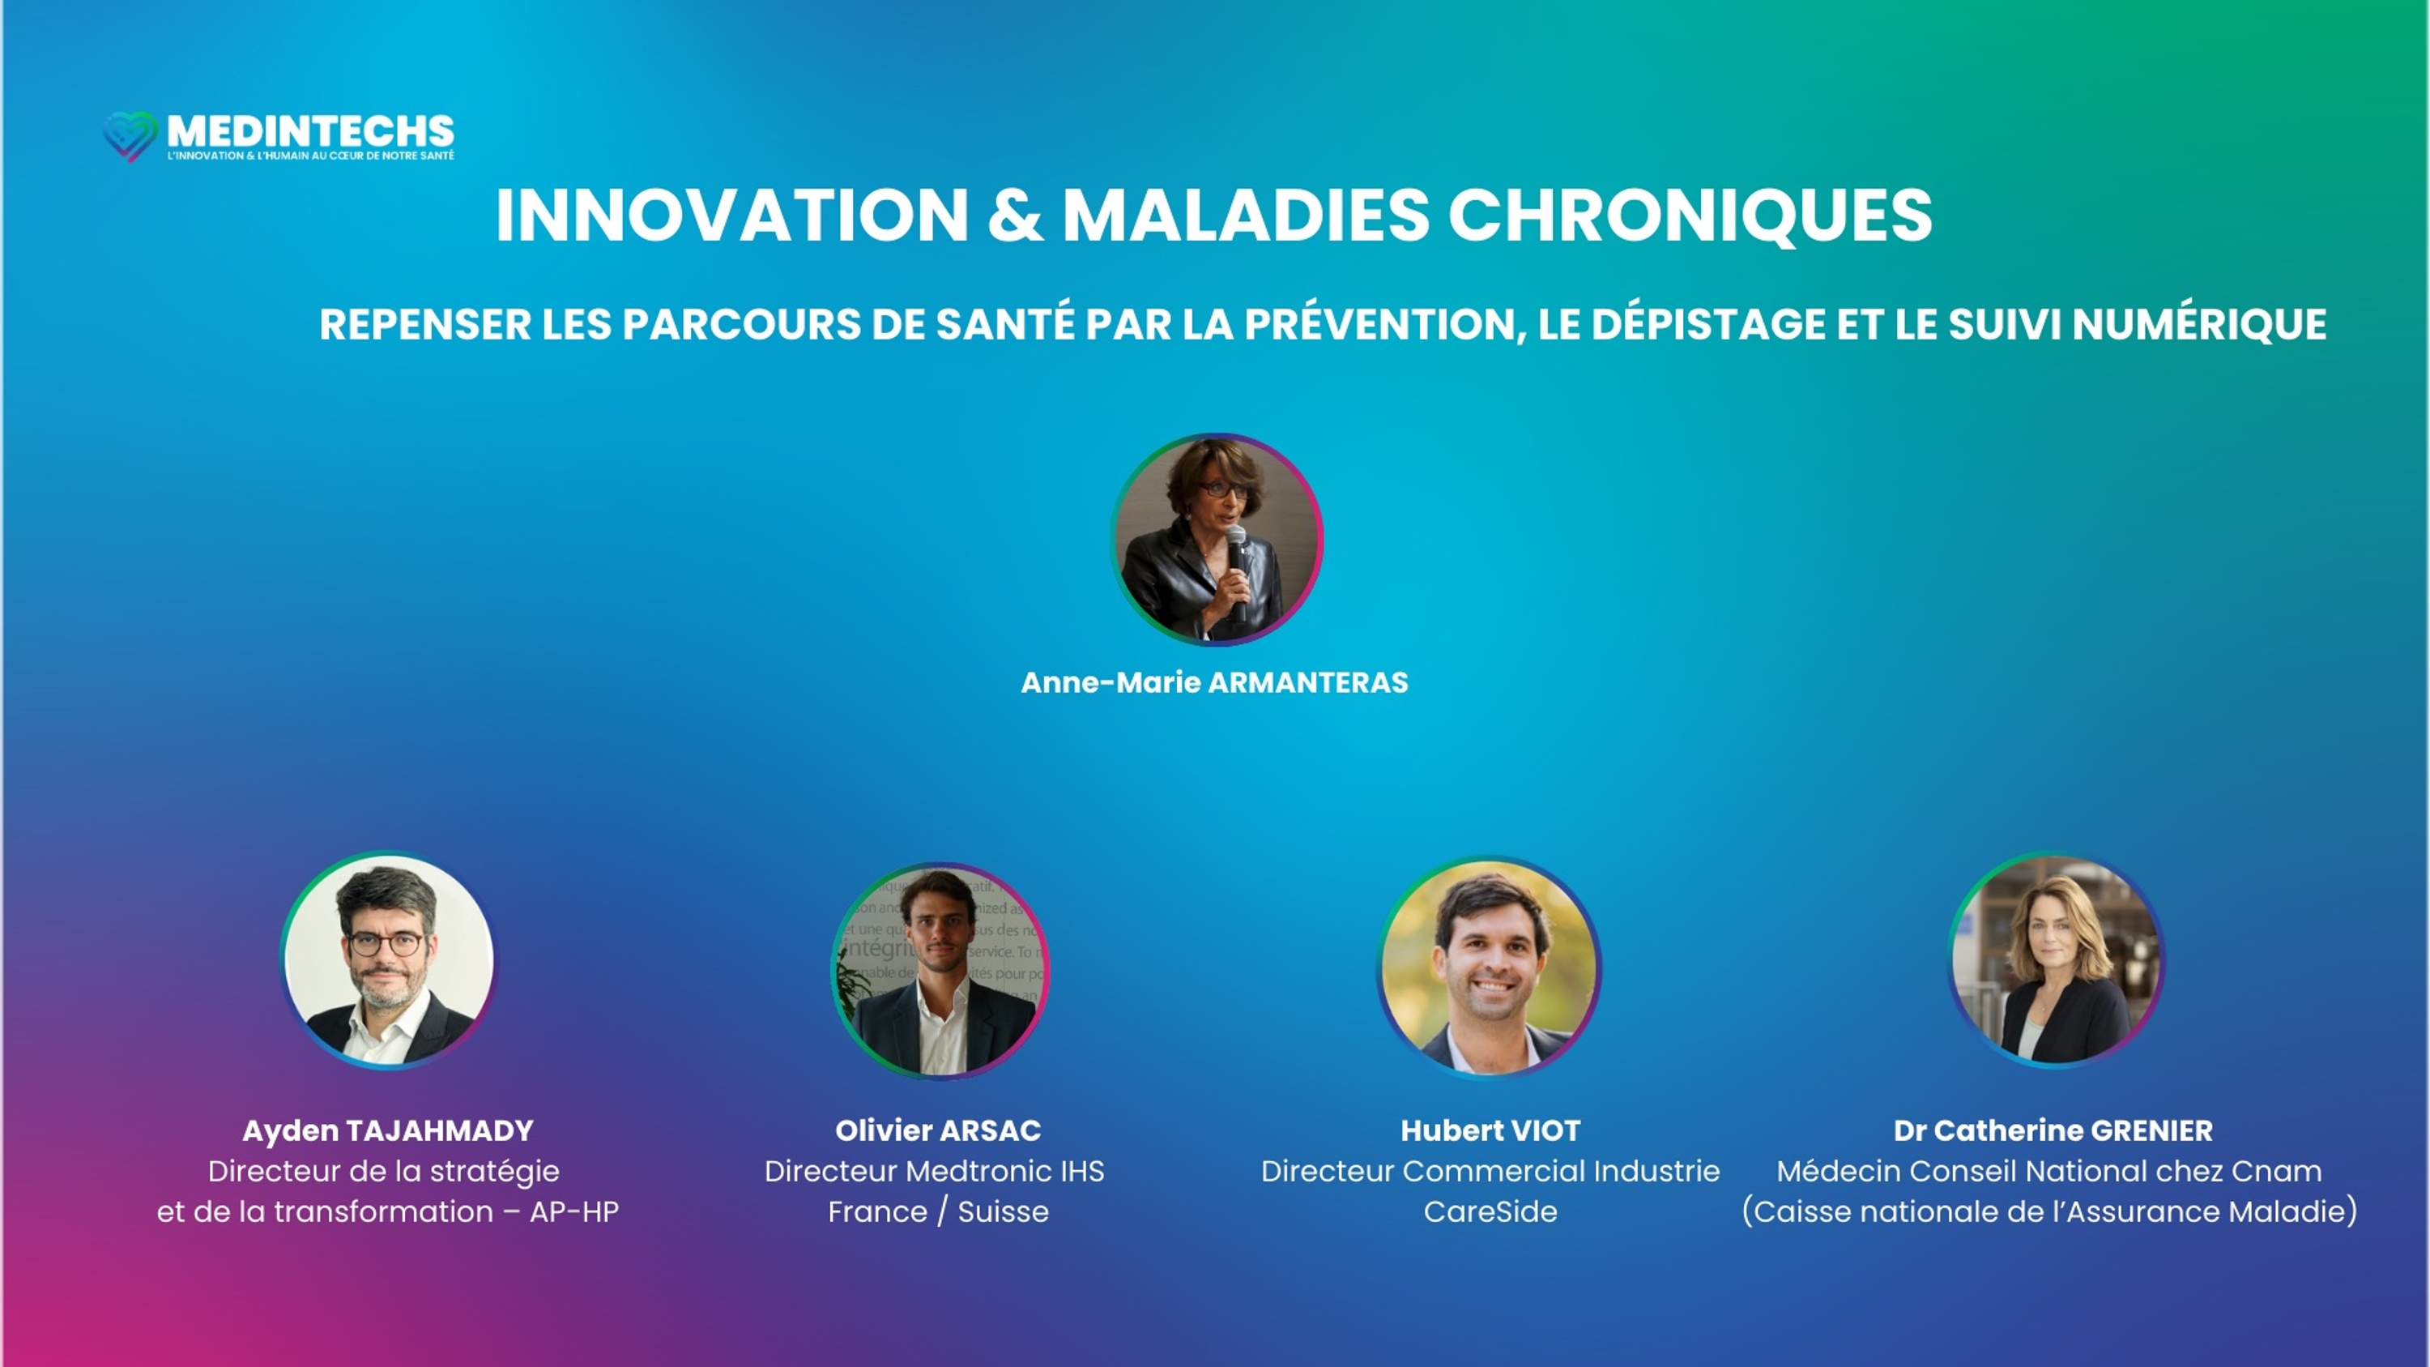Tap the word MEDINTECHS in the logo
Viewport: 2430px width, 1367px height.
pos(310,131)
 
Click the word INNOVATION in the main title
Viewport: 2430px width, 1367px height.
pos(732,215)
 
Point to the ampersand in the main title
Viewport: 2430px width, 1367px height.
pos(1015,215)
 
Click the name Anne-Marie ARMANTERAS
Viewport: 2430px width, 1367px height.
pos(1214,682)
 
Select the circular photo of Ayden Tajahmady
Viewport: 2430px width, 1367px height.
pos(388,960)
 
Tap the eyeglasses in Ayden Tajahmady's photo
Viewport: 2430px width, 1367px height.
pos(386,944)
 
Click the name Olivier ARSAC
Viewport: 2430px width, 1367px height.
pos(938,1130)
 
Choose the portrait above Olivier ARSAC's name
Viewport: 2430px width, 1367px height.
pos(940,970)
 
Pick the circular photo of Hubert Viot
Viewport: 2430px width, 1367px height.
pos(1490,966)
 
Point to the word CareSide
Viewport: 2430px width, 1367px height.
pos(1490,1211)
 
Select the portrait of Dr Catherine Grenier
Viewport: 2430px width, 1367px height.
pos(2057,959)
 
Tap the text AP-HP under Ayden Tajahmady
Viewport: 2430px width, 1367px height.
pos(573,1211)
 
